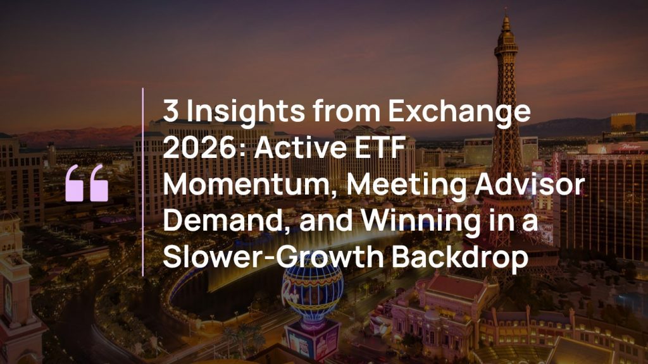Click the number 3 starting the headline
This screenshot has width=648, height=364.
pyautogui.click(x=171, y=111)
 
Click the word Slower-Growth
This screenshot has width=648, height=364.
pyautogui.click(x=274, y=257)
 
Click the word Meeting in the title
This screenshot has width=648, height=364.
pyautogui.click(x=408, y=185)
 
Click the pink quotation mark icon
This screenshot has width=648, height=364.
pyautogui.click(x=87, y=183)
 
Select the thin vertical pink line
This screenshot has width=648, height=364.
pyautogui.click(x=143, y=181)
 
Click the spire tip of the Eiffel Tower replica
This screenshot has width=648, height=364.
pyautogui.click(x=506, y=9)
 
